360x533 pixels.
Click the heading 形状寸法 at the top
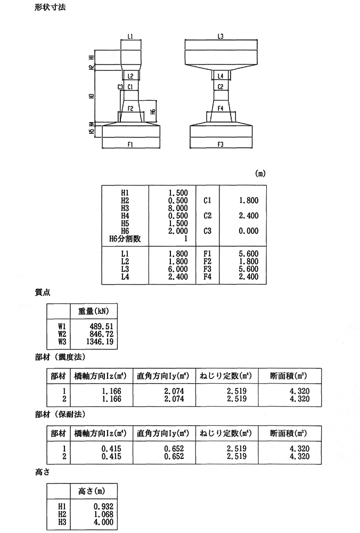tap(48, 9)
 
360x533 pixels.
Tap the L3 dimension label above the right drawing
tap(220, 36)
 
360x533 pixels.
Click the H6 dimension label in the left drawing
tap(153, 111)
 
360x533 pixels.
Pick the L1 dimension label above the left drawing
tap(130, 36)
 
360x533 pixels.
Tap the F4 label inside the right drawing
tap(220, 108)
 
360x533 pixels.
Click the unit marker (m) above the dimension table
tap(260, 173)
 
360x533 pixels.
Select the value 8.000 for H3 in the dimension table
tap(177, 208)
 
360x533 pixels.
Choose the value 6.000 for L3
tap(177, 269)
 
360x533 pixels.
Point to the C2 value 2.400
tap(248, 216)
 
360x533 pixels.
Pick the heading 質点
tap(42, 293)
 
